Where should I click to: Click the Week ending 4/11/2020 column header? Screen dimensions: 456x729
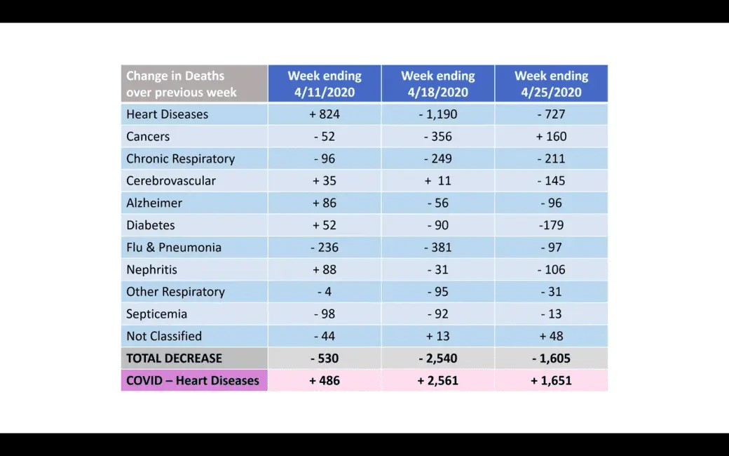point(325,84)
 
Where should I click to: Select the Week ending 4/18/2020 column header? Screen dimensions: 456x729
point(438,84)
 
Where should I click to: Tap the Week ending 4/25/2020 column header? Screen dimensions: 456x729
point(551,84)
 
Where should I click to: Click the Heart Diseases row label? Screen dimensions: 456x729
point(168,114)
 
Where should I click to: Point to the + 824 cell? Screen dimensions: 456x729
point(325,114)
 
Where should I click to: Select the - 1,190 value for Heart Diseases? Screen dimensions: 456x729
point(438,114)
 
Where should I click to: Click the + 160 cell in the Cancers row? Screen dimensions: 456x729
point(551,136)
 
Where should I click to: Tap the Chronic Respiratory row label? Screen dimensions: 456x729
point(180,159)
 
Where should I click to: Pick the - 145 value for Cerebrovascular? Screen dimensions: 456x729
point(551,180)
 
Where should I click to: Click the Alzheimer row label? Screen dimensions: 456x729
point(154,203)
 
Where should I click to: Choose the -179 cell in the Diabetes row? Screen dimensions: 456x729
point(551,225)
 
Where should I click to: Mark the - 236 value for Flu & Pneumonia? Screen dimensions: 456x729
point(325,247)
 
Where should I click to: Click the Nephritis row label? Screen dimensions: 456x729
point(151,269)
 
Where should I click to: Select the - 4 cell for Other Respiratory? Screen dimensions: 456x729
point(325,292)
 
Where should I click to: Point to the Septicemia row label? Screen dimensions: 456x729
point(156,314)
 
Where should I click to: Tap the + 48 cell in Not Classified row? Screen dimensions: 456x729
point(551,336)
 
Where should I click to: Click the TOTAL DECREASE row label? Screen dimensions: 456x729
point(174,358)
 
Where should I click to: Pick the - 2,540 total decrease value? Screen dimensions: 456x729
point(438,358)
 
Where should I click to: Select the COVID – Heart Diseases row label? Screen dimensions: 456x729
point(193,381)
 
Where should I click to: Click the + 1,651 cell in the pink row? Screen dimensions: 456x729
point(551,381)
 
